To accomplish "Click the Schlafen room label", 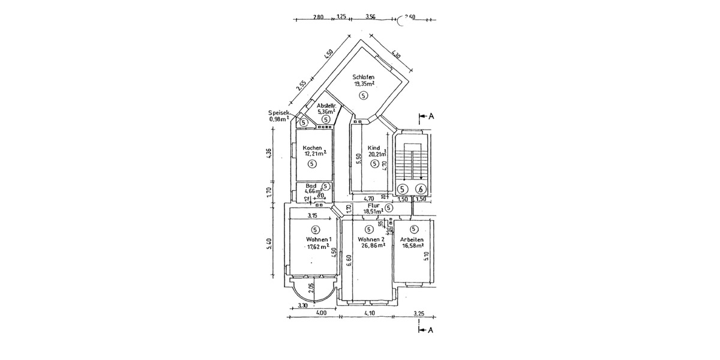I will tap(364, 77).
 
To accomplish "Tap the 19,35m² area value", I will tap(364, 85).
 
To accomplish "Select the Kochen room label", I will tap(313, 148).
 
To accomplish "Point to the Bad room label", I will tap(311, 185).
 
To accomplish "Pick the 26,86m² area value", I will tap(370, 246).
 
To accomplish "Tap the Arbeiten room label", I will tap(412, 239).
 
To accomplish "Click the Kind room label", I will tap(374, 148).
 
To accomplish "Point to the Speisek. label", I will tap(280, 113).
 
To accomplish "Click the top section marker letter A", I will tap(430, 116).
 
